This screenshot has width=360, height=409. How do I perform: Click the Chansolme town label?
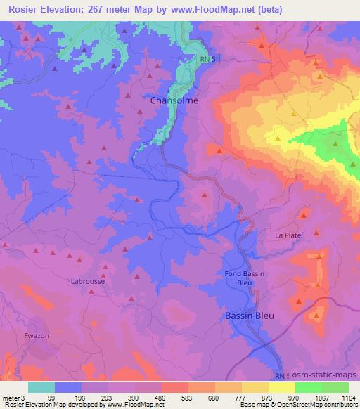174,100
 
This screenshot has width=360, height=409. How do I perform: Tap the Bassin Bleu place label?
249,316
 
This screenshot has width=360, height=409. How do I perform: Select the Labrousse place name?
89,281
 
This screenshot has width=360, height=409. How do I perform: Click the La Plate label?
288,235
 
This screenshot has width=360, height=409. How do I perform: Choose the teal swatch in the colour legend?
41,387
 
